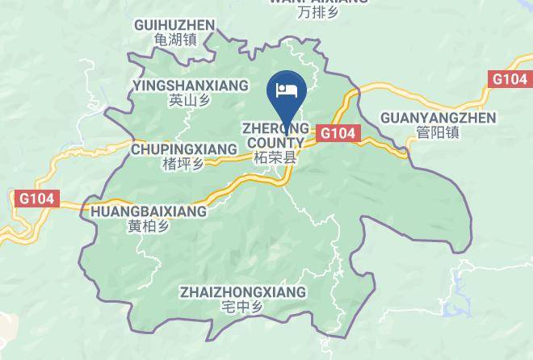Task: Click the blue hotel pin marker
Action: click(286, 91)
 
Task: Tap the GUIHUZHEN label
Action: click(175, 25)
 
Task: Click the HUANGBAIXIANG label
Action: click(150, 211)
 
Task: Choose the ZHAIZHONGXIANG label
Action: click(243, 291)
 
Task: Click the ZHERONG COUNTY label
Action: click(275, 135)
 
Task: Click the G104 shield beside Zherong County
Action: click(338, 133)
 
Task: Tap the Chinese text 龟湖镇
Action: click(175, 39)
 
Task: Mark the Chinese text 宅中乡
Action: click(243, 307)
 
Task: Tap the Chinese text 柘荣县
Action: click(275, 158)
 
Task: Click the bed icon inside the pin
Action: click(286, 86)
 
